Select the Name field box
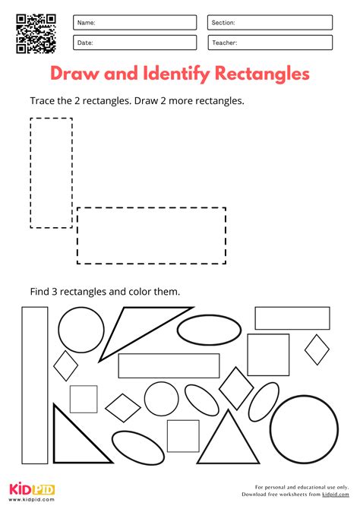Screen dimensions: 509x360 click(134, 23)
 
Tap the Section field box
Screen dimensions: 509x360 click(270, 23)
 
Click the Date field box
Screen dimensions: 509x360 click(134, 43)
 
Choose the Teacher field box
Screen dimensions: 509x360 click(270, 43)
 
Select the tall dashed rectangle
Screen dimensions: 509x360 click(51, 172)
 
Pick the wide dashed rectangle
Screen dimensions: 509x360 click(151, 235)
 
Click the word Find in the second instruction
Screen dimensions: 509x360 click(39, 290)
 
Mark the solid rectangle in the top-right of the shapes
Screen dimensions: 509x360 click(292, 318)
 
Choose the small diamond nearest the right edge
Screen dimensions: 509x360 click(317, 349)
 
